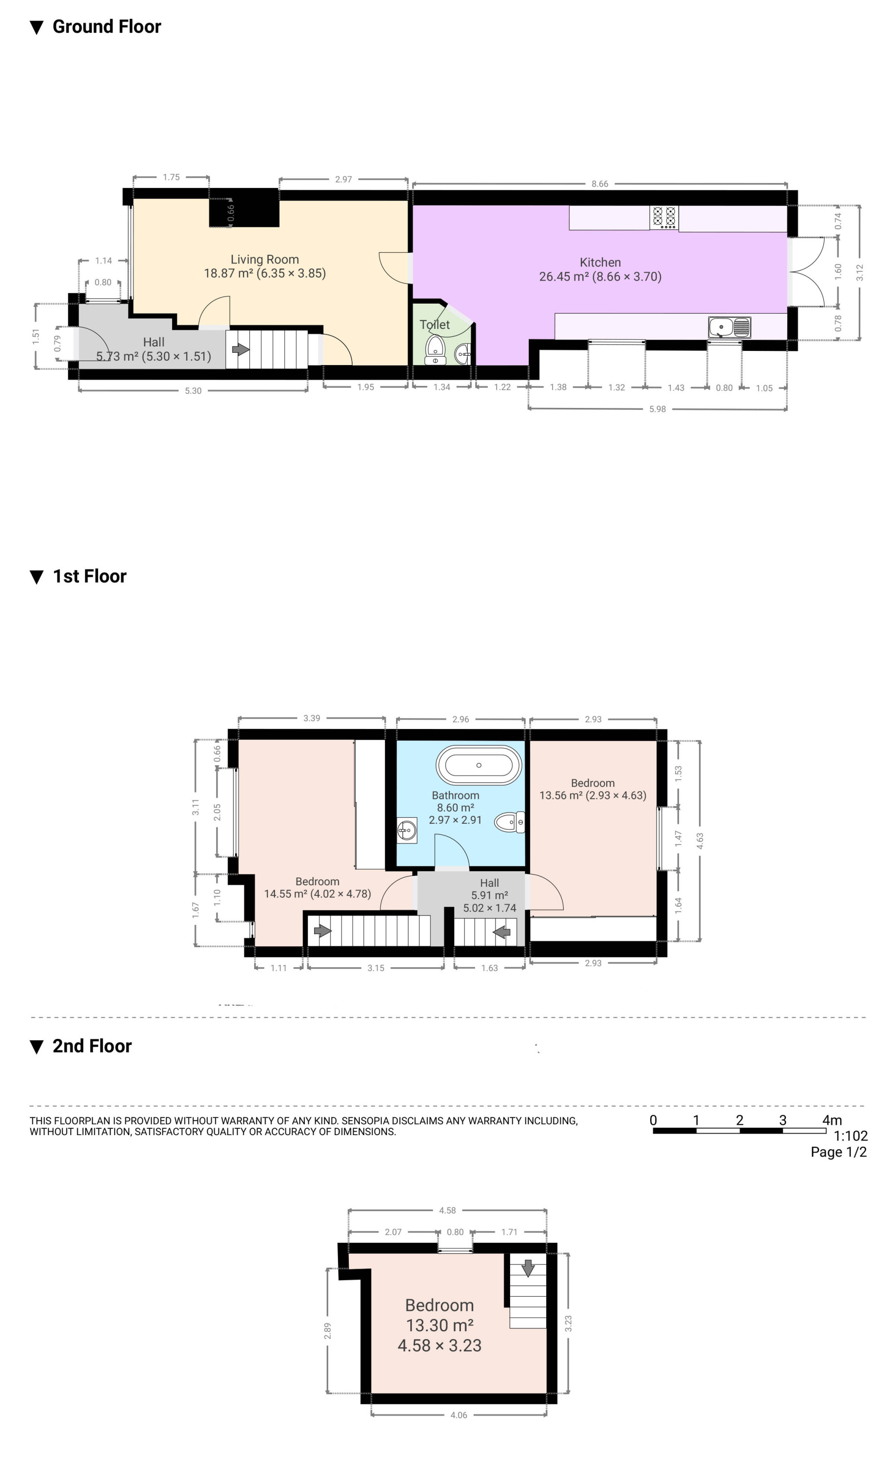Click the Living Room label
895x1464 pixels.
click(x=265, y=260)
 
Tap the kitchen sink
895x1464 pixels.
click(x=729, y=327)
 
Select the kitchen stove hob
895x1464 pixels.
click(x=664, y=218)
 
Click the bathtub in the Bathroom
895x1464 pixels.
click(x=478, y=765)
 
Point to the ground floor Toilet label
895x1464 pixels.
click(x=435, y=325)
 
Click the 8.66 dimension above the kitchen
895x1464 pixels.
click(x=600, y=183)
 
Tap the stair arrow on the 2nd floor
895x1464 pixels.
click(x=527, y=1268)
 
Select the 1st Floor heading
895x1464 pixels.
click(x=90, y=576)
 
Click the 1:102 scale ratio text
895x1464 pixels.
click(x=851, y=1136)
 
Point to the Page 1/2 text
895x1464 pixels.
click(x=838, y=1152)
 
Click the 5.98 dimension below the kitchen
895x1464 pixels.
click(x=657, y=409)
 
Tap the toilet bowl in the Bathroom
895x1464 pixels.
click(x=510, y=822)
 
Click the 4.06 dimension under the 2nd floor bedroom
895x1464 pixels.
click(x=458, y=1415)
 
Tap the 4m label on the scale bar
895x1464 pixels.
click(x=832, y=1120)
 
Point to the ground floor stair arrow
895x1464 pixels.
click(x=240, y=349)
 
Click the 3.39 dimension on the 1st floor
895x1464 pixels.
click(x=312, y=718)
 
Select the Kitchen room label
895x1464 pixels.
click(x=600, y=263)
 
